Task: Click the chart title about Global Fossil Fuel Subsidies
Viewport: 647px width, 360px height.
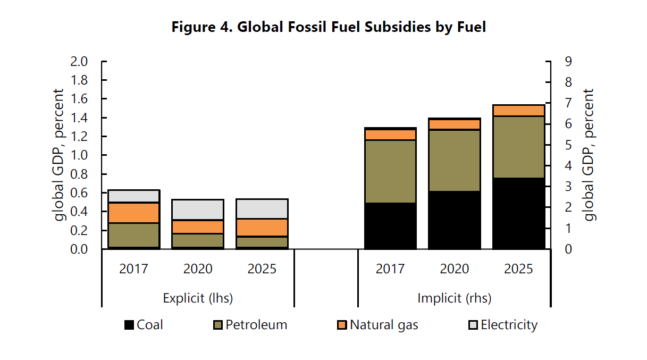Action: pyautogui.click(x=329, y=27)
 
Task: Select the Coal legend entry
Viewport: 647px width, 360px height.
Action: pyautogui.click(x=144, y=325)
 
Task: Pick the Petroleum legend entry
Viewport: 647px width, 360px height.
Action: pyautogui.click(x=250, y=325)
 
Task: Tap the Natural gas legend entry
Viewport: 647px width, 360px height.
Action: pyautogui.click(x=377, y=325)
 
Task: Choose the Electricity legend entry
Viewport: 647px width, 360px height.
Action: pyautogui.click(x=503, y=325)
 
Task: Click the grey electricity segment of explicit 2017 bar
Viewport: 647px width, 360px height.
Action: pyautogui.click(x=133, y=196)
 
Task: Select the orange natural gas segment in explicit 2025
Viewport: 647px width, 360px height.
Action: pyautogui.click(x=262, y=228)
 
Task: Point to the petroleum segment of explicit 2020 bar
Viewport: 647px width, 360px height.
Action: pyautogui.click(x=198, y=240)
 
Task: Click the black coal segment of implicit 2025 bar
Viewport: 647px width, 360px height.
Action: pyautogui.click(x=518, y=213)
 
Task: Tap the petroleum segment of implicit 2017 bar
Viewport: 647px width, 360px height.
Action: pyautogui.click(x=390, y=171)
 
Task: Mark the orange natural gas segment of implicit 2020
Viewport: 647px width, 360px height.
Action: pyautogui.click(x=455, y=124)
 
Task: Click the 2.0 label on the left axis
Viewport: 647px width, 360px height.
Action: pyautogui.click(x=79, y=62)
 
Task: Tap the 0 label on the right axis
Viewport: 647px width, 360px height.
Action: pyautogui.click(x=568, y=249)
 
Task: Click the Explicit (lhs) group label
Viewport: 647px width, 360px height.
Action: pyautogui.click(x=198, y=298)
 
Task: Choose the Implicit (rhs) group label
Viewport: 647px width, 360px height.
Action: pyautogui.click(x=455, y=298)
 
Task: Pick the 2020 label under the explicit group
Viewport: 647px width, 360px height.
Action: pyautogui.click(x=198, y=269)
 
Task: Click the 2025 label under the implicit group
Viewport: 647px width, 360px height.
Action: pyautogui.click(x=518, y=269)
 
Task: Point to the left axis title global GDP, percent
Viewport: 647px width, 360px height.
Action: pyautogui.click(x=58, y=155)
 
